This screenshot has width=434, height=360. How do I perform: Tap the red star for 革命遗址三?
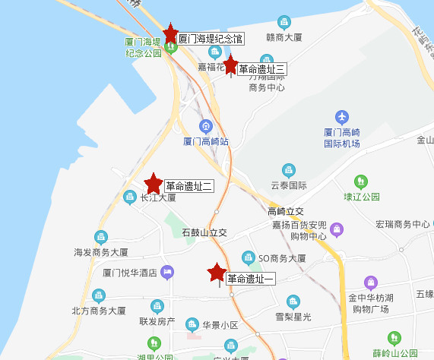click(x=231, y=65)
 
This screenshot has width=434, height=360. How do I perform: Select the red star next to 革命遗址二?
click(x=154, y=183)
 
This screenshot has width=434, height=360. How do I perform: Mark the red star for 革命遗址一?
click(x=217, y=273)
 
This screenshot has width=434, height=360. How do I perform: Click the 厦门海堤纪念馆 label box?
click(x=210, y=37)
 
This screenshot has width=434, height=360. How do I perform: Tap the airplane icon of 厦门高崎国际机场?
click(x=341, y=118)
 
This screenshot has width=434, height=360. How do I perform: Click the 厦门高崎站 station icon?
click(x=205, y=126)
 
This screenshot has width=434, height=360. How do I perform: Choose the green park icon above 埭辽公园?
click(x=360, y=182)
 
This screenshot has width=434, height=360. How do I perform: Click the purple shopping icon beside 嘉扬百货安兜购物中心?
click(x=337, y=228)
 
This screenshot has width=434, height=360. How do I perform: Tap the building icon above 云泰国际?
click(x=288, y=169)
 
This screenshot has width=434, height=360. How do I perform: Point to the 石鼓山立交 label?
click(x=204, y=232)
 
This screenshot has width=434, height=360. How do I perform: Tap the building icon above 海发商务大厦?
click(x=100, y=236)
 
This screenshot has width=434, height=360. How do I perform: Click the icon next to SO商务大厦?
click(x=249, y=257)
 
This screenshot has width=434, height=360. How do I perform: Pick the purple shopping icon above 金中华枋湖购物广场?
click(x=370, y=283)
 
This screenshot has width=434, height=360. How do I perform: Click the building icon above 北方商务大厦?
click(x=99, y=295)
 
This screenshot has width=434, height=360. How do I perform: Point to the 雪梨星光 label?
click(x=293, y=316)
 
